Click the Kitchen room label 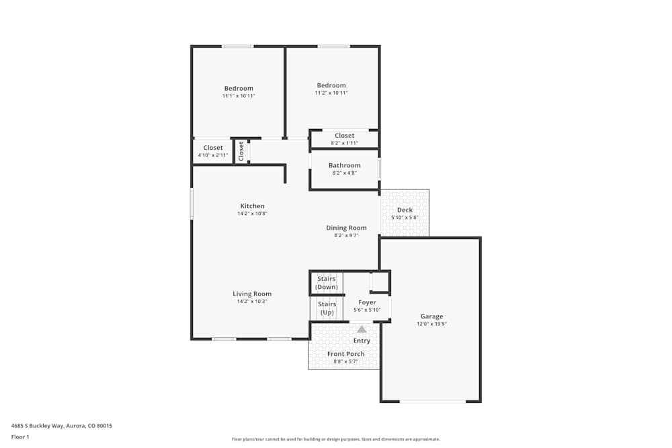pos(252,206)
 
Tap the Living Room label pos(252,294)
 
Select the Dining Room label pos(346,228)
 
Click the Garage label pos(431,316)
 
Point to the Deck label pos(405,210)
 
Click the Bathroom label pos(344,165)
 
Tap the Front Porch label pos(345,354)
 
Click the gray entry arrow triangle pos(362,329)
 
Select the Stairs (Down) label pos(327,283)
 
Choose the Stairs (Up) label pos(327,308)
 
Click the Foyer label pos(367,302)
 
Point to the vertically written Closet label pos(241,151)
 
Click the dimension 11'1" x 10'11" pos(239,96)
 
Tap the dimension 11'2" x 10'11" pos(331,93)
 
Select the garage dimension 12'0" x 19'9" pos(431,324)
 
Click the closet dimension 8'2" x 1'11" pos(344,143)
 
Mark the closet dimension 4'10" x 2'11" pos(213,155)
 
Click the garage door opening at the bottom pos(432,402)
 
